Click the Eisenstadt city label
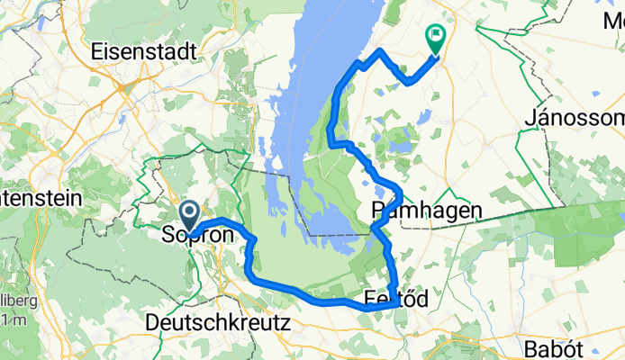[145, 53]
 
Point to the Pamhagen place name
[426, 211]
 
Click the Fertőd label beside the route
[397, 298]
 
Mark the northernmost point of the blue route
[381, 49]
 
